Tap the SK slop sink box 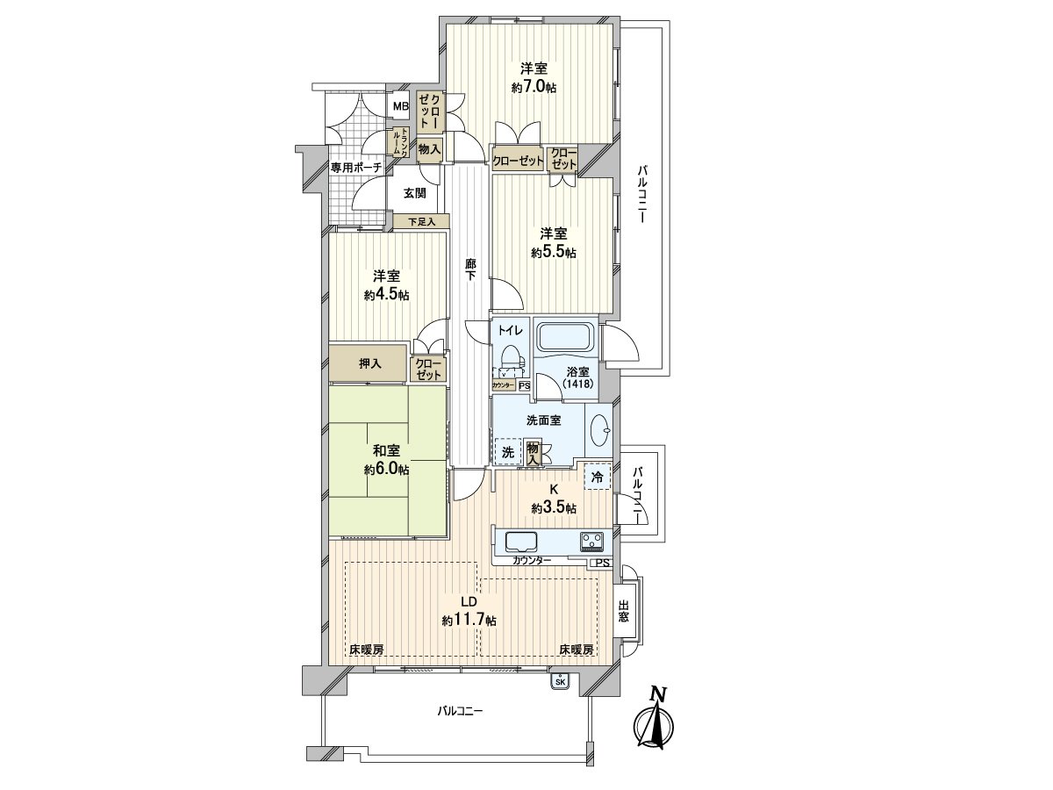[x=560, y=680]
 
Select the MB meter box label [x=400, y=107]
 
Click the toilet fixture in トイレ [x=510, y=361]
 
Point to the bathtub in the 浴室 [x=565, y=337]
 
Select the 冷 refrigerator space [x=598, y=478]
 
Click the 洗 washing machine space [x=508, y=453]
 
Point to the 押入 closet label [x=369, y=363]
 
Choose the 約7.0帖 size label [x=534, y=87]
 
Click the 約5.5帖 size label [x=553, y=253]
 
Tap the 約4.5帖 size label [x=386, y=295]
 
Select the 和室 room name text [x=386, y=450]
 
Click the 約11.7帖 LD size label [x=469, y=621]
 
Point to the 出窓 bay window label [x=624, y=611]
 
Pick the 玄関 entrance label [x=415, y=194]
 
